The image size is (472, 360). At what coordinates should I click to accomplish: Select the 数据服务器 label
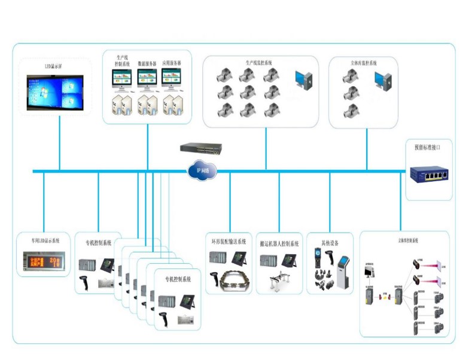(x=147, y=63)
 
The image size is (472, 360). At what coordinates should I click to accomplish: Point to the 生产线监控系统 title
(x=258, y=62)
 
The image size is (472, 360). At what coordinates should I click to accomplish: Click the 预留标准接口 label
(x=427, y=147)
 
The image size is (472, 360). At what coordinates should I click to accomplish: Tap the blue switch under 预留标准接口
(x=428, y=175)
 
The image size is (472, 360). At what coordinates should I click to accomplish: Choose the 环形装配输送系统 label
(x=229, y=242)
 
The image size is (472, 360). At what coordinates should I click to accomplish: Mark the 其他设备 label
(x=330, y=243)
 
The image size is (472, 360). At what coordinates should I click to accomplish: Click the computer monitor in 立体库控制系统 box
(x=369, y=273)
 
